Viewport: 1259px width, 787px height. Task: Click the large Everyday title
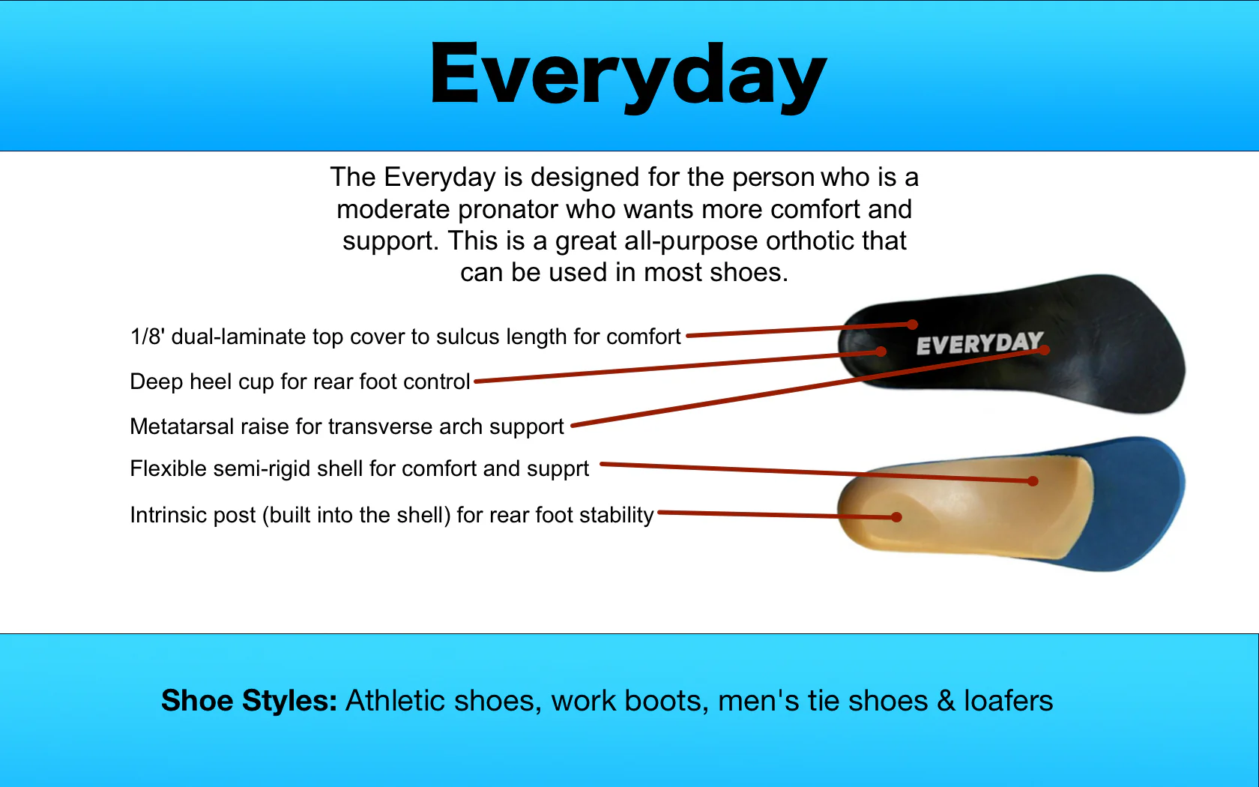coord(628,76)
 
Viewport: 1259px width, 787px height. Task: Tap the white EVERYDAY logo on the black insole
coord(979,343)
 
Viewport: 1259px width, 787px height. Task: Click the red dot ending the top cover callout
coord(913,325)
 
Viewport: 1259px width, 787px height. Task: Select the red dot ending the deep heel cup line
coord(881,352)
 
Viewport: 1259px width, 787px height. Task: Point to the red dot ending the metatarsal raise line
coord(1045,350)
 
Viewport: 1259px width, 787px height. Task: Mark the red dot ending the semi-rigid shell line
coord(1033,481)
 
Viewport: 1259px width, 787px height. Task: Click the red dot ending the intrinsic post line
coord(897,516)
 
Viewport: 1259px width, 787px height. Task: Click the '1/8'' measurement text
coord(147,336)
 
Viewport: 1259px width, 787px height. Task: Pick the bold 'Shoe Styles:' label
coord(249,700)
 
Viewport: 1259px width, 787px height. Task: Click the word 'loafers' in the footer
coord(1009,700)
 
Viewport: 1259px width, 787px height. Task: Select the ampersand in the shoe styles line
coord(946,700)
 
